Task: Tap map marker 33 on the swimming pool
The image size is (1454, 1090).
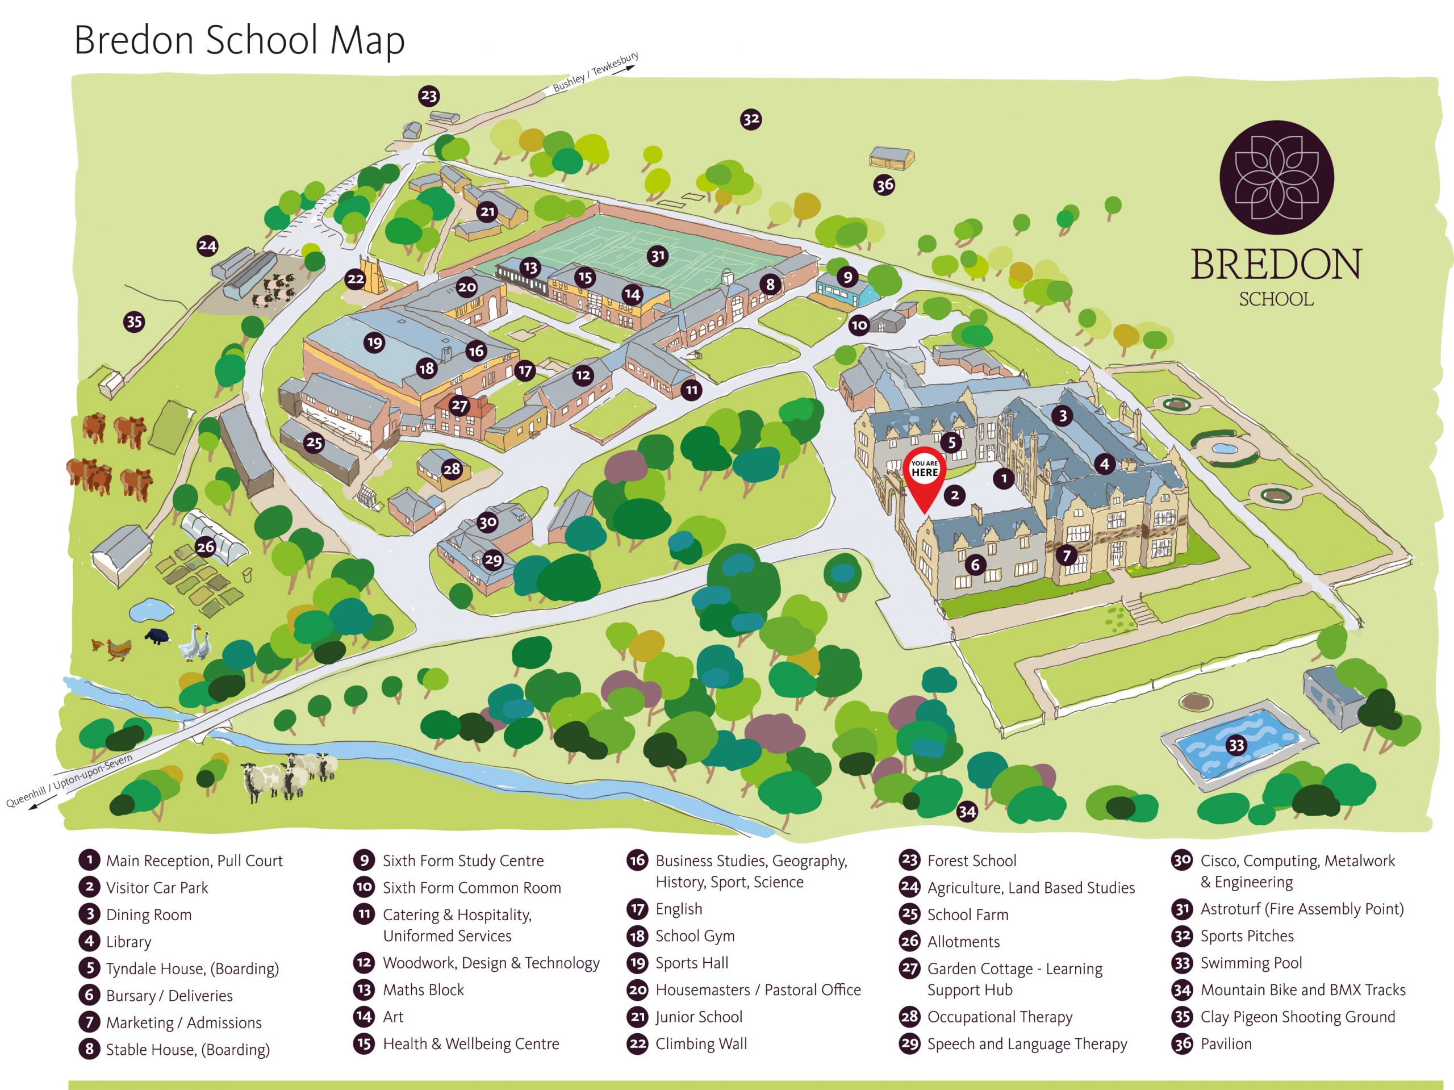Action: point(1236,745)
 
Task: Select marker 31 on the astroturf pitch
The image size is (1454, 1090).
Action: point(657,256)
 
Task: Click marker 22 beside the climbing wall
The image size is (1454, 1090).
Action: point(356,279)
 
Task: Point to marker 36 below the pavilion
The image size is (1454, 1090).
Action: point(884,185)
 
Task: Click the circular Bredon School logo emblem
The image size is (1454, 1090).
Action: point(1277,178)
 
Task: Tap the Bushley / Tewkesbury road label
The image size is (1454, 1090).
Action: point(596,72)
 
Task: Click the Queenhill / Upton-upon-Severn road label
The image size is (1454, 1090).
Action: point(69,781)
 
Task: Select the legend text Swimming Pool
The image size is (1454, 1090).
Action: point(1251,963)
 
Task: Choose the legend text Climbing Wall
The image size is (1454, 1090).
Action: point(701,1044)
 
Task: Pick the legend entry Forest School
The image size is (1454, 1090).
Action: point(972,861)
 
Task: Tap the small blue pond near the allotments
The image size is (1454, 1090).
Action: point(151,610)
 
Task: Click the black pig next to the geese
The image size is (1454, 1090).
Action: point(158,636)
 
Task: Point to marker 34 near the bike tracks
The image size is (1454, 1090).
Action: point(966,811)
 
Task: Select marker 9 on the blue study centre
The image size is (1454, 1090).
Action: point(847,277)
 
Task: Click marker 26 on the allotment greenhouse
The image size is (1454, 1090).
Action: point(206,546)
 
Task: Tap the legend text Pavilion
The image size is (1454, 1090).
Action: point(1226,1044)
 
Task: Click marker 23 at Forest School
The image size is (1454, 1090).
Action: point(429,96)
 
